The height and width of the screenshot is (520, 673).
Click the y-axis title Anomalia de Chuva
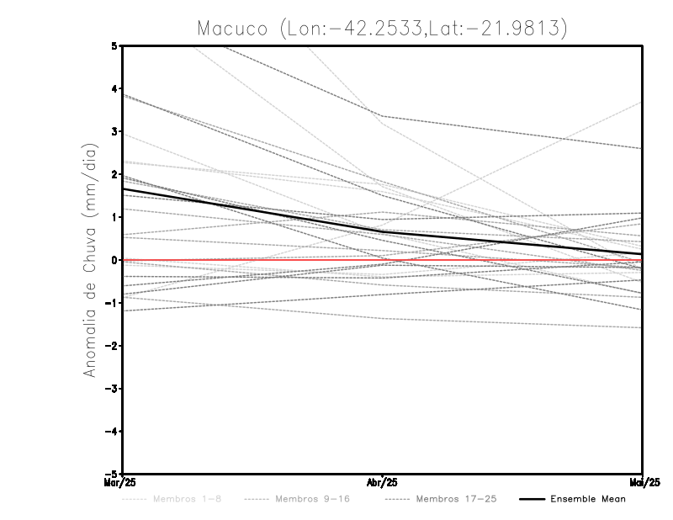pyautogui.click(x=90, y=260)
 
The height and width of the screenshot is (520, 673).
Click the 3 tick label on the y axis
pyautogui.click(x=114, y=131)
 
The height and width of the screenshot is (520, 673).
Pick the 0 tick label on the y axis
pyautogui.click(x=114, y=260)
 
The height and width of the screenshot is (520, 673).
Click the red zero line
pyautogui.click(x=252, y=260)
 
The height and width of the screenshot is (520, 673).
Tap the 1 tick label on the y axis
pyautogui.click(x=114, y=217)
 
